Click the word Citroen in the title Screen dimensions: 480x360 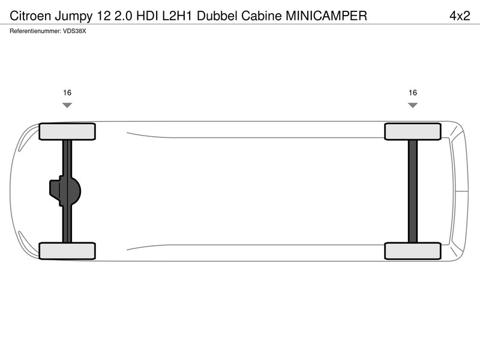click(x=31, y=16)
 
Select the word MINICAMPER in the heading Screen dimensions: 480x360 click(x=326, y=16)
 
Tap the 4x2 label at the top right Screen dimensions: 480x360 click(x=460, y=16)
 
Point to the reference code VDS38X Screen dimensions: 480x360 click(x=74, y=31)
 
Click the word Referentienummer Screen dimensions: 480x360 click(x=35, y=31)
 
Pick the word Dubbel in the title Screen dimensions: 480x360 click(x=217, y=16)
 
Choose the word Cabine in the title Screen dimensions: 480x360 click(x=262, y=16)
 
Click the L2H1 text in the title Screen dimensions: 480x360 click(x=177, y=16)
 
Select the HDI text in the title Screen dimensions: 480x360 click(x=148, y=16)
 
